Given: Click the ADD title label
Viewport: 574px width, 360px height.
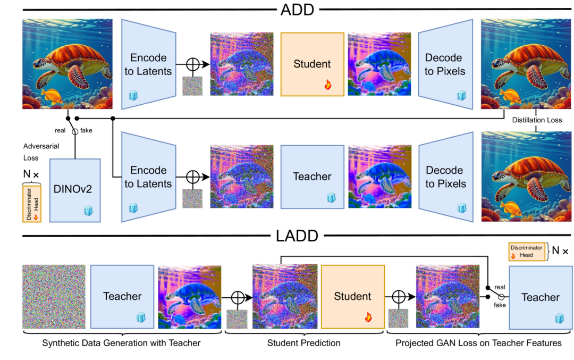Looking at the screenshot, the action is coord(298,11).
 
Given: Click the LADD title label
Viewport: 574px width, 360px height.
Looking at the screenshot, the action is coord(297,236).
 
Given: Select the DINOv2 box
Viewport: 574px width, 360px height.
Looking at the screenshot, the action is coord(75,189).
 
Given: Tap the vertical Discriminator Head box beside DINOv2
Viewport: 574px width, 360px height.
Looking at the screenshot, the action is coord(31,204).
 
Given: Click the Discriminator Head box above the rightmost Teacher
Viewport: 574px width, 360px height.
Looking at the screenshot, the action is coord(527,252).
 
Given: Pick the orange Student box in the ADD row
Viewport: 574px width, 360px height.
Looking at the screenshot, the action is coord(312,64).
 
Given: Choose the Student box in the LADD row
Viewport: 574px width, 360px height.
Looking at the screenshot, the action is coord(352,296).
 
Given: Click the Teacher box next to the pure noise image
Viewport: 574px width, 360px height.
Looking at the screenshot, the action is coord(122,296).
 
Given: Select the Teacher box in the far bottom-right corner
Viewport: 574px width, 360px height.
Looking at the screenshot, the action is coord(540,297).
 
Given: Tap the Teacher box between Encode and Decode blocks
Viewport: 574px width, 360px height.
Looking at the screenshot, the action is coord(312,177).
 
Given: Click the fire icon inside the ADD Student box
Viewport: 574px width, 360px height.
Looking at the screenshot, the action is coord(328,85).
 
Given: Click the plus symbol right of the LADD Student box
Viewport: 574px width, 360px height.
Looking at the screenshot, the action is coord(398,297).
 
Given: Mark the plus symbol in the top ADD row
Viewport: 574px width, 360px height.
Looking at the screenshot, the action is coord(192,64).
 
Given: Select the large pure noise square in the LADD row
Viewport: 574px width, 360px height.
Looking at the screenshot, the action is coord(54,296).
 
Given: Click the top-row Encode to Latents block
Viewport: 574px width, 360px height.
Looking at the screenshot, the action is coord(148,64).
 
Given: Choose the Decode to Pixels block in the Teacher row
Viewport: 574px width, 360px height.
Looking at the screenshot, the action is coord(445,177).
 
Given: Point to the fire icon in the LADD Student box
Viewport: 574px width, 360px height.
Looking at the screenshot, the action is coord(368,317).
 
